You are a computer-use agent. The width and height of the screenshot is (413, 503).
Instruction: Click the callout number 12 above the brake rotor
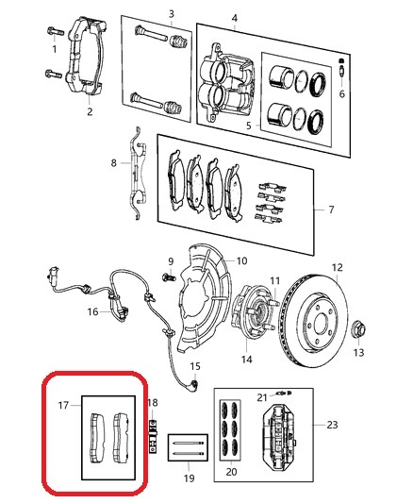click(x=337, y=267)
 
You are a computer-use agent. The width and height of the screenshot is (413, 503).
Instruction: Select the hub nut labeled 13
click(x=359, y=330)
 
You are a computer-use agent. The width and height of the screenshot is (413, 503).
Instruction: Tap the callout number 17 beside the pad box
click(x=63, y=406)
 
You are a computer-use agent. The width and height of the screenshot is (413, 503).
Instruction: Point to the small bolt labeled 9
click(x=170, y=277)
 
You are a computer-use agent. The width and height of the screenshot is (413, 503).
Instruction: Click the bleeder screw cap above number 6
click(x=341, y=60)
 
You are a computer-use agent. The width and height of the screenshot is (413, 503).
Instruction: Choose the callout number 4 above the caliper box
click(x=235, y=18)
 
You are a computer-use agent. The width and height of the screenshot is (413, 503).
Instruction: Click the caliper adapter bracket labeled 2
click(x=85, y=58)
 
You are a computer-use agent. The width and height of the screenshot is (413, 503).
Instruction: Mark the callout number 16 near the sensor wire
click(x=92, y=311)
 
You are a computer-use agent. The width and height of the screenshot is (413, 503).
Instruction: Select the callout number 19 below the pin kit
click(x=189, y=478)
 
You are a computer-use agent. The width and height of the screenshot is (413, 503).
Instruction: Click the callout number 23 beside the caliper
click(x=332, y=425)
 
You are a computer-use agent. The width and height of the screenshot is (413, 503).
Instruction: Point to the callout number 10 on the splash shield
click(x=242, y=260)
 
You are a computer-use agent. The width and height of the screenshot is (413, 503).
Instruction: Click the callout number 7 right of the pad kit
click(x=331, y=210)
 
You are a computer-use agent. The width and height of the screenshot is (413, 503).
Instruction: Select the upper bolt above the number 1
click(x=56, y=32)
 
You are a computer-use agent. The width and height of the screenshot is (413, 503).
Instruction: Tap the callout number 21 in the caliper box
click(x=262, y=397)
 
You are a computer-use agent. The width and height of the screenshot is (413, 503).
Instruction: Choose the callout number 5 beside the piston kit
click(x=249, y=126)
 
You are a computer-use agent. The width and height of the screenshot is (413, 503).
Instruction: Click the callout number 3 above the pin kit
click(x=172, y=14)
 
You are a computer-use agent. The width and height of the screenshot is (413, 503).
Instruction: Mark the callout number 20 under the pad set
click(x=231, y=472)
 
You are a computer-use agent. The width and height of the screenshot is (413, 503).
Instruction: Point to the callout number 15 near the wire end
click(x=195, y=366)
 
